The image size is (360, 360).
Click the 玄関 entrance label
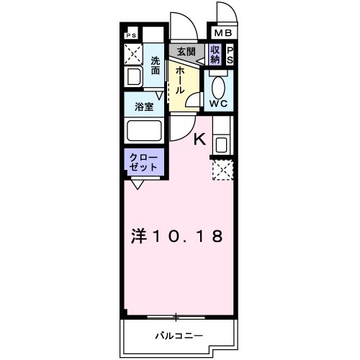tap(186, 52)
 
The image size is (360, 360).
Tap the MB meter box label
tap(222, 33)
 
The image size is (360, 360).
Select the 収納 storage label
tap(215, 55)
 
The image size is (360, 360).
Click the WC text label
tap(218, 103)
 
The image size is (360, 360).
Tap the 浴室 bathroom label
tap(144, 107)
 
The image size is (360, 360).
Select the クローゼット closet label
tap(143, 161)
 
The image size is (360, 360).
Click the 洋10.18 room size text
tap(176, 235)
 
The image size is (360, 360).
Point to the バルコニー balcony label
tap(179, 336)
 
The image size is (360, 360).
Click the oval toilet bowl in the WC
tap(219, 85)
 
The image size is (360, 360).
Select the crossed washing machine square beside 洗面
tap(133, 54)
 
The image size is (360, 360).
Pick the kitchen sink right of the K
tap(221, 143)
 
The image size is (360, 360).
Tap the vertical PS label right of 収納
tap(230, 55)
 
